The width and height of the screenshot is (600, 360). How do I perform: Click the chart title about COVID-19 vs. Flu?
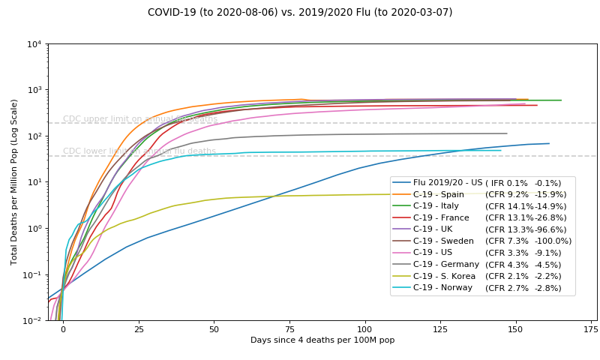pos(300,12)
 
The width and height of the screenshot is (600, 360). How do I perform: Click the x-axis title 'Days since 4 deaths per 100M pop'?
pos(322,340)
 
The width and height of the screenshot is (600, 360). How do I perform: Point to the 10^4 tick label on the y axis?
pos(33,43)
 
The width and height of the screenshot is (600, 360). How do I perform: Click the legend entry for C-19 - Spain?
pos(443,195)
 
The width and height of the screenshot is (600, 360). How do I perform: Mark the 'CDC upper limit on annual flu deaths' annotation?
pos(140,119)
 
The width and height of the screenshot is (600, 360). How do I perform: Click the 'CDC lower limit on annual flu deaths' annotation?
pos(139,151)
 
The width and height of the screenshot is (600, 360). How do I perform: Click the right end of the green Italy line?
pos(561,100)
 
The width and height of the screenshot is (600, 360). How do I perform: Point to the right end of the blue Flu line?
pos(549,143)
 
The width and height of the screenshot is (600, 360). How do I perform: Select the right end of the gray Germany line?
pos(507,133)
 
